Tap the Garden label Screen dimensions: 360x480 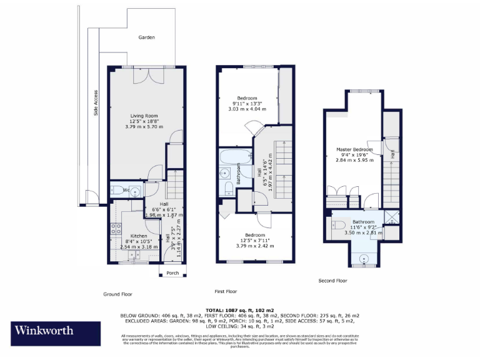(x=146, y=37)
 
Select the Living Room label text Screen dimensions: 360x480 (x=144, y=116)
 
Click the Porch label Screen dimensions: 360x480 (x=172, y=272)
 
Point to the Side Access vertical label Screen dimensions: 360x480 (x=96, y=103)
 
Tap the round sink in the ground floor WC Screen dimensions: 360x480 (x=135, y=191)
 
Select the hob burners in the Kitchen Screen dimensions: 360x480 (x=114, y=229)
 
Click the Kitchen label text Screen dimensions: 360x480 (x=139, y=236)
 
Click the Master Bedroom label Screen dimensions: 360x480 (x=354, y=150)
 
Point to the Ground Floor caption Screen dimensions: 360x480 (x=117, y=294)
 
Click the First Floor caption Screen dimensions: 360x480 (x=226, y=291)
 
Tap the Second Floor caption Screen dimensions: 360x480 (x=332, y=281)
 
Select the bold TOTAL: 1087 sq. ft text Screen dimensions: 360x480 (x=239, y=310)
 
